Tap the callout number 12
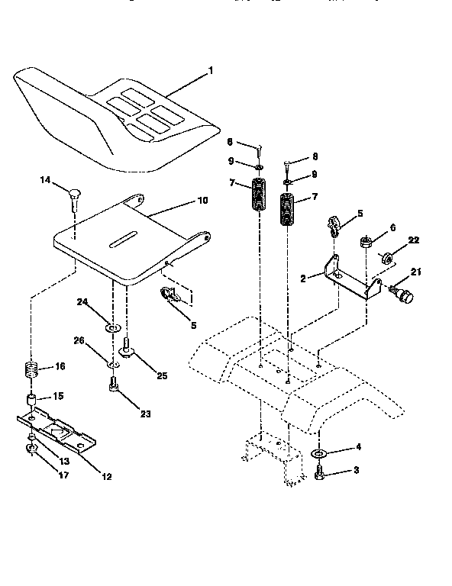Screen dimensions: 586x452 [x=106, y=477]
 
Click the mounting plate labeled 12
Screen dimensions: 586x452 [x=57, y=430]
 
